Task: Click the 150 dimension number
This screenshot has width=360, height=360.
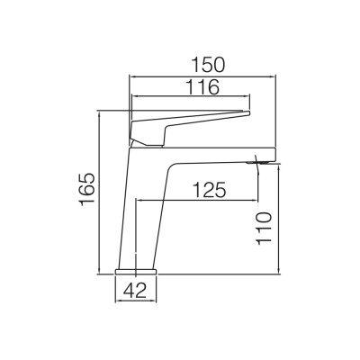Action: (x=208, y=66)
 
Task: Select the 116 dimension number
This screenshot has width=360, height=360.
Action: (x=203, y=87)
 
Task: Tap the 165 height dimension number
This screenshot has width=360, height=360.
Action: (x=87, y=190)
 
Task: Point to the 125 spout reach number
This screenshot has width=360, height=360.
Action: (x=209, y=190)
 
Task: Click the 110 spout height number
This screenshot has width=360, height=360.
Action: (x=264, y=229)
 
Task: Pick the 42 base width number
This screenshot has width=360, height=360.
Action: (x=136, y=291)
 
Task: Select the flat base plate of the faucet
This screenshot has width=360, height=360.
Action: (x=136, y=271)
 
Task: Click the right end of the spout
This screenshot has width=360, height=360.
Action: (x=275, y=155)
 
